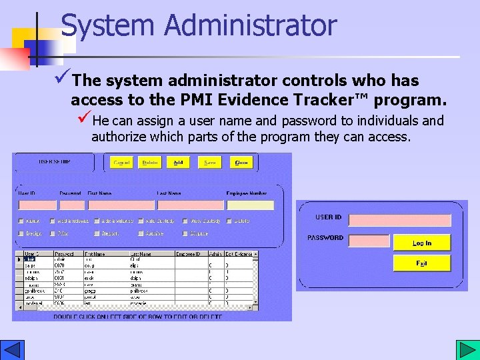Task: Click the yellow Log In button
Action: [x=422, y=243]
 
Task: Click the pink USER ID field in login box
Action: [x=400, y=220]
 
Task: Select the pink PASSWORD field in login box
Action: [x=369, y=241]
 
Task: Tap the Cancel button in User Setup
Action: [x=122, y=162]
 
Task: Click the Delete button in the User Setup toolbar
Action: [x=150, y=162]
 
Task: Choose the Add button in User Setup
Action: [x=179, y=162]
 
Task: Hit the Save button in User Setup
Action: [x=210, y=162]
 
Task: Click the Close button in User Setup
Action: [x=241, y=162]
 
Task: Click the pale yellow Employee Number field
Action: [x=250, y=205]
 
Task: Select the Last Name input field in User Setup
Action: [x=190, y=205]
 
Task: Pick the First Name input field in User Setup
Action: [x=121, y=205]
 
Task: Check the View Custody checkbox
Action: [x=185, y=221]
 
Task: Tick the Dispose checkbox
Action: [x=185, y=234]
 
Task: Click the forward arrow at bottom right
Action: [x=465, y=350]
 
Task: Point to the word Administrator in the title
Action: [x=251, y=25]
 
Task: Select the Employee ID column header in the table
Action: [x=188, y=254]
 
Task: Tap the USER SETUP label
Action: [x=55, y=161]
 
